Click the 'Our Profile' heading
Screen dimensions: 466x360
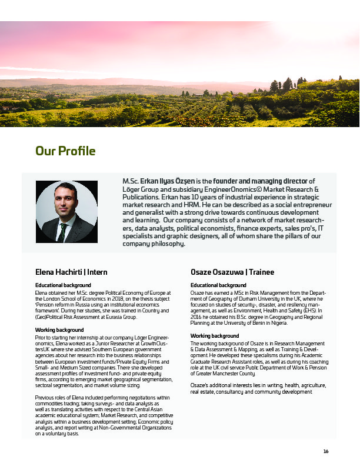[x=65, y=152]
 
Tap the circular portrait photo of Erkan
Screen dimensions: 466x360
[x=66, y=212]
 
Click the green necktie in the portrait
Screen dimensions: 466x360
[x=62, y=231]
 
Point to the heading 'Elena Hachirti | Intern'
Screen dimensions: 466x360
[x=71, y=272]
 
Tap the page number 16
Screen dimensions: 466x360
[x=326, y=452]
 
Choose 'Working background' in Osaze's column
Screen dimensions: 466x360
[x=215, y=335]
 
